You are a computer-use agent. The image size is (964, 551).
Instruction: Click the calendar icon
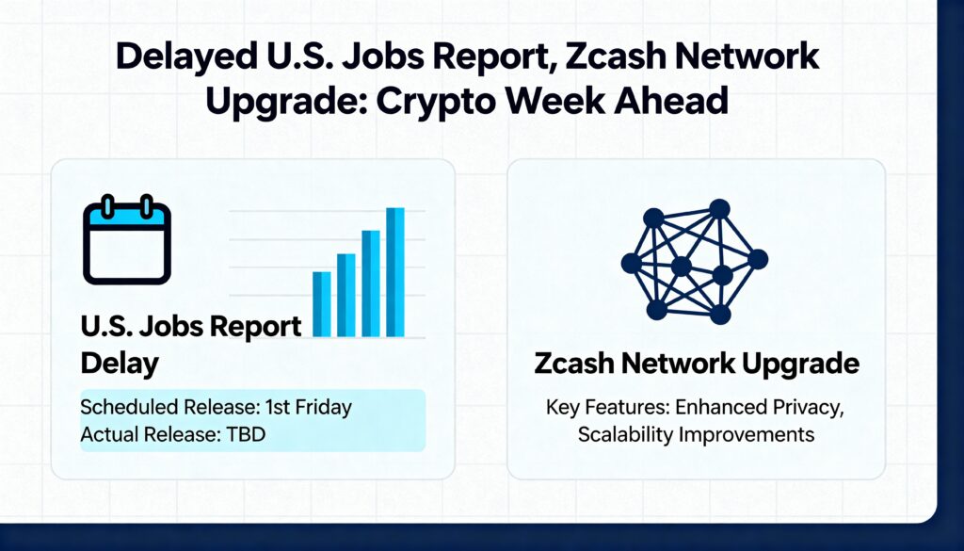click(x=127, y=239)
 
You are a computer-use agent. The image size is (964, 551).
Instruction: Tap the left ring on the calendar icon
click(x=107, y=206)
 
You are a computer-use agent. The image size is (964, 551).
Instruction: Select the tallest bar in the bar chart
click(x=395, y=272)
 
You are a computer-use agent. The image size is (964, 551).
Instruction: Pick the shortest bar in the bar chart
click(x=322, y=304)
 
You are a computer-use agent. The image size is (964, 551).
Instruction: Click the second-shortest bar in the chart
click(x=346, y=295)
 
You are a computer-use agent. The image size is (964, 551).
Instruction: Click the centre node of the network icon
click(x=682, y=267)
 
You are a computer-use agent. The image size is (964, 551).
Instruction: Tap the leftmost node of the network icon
click(x=632, y=263)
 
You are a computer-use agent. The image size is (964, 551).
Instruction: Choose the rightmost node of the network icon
click(x=758, y=259)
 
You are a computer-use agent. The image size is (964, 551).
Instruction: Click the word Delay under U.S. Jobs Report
click(x=120, y=364)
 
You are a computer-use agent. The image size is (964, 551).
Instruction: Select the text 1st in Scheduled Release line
click(x=278, y=407)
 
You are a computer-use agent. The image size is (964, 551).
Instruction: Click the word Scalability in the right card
click(x=626, y=435)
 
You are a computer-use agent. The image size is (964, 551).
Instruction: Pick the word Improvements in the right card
click(x=747, y=435)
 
